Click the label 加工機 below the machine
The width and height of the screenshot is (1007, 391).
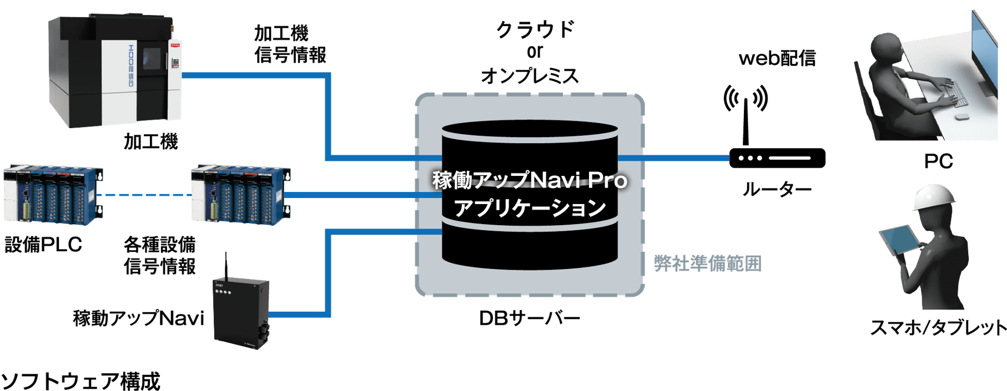tap(150, 142)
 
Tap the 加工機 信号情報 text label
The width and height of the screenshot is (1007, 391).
tap(290, 44)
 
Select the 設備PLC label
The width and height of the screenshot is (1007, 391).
tap(43, 245)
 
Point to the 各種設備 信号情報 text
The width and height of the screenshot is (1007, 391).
tap(160, 255)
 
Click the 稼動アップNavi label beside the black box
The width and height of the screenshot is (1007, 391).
tap(138, 318)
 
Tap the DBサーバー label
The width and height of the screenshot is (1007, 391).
tap(529, 318)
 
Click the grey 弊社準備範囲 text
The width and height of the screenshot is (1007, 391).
tap(707, 263)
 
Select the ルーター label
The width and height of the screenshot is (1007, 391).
tap(777, 190)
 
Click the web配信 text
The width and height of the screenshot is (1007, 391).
tap(777, 58)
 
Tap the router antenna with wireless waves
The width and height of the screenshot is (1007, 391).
tap(746, 111)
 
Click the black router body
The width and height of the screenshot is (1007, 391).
tap(777, 158)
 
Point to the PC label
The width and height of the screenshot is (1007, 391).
tap(938, 161)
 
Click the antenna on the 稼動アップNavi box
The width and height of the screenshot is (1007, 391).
tap(226, 266)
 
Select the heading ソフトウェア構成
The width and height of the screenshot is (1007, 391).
tap(80, 381)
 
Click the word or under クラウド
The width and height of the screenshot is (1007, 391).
tap(535, 52)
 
